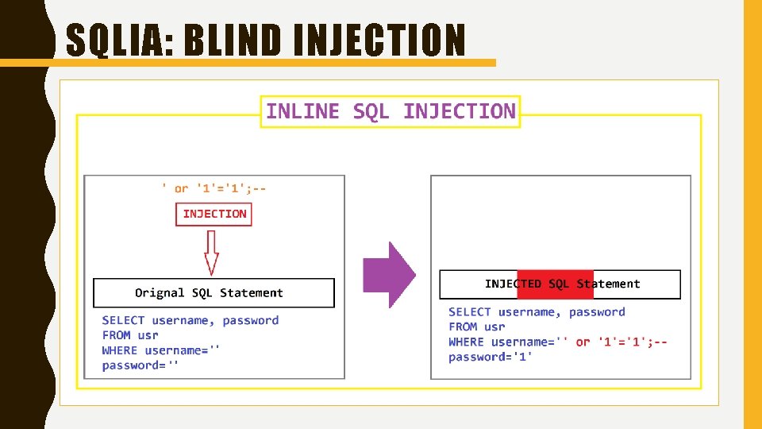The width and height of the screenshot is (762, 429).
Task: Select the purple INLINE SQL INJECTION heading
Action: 391,112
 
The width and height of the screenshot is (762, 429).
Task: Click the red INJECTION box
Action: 214,214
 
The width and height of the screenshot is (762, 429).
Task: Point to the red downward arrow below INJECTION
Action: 211,252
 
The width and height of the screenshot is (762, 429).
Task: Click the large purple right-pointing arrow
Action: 389,275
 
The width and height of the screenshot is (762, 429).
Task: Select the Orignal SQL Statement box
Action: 214,293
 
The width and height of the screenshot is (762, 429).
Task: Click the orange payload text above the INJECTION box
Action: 214,188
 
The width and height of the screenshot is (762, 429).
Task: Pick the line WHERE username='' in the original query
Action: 161,350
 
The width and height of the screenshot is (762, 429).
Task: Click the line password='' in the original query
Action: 140,365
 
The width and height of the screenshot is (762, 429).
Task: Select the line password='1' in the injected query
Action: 490,357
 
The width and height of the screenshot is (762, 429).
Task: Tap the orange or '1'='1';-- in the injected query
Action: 622,342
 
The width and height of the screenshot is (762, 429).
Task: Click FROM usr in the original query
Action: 130,335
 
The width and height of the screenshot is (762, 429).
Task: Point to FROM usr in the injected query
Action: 476,327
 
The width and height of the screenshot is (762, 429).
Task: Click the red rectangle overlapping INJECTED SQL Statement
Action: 555,284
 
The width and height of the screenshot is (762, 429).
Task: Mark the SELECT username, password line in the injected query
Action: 537,312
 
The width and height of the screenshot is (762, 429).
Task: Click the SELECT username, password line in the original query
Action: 190,321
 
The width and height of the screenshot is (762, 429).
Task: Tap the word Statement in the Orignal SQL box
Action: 252,293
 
